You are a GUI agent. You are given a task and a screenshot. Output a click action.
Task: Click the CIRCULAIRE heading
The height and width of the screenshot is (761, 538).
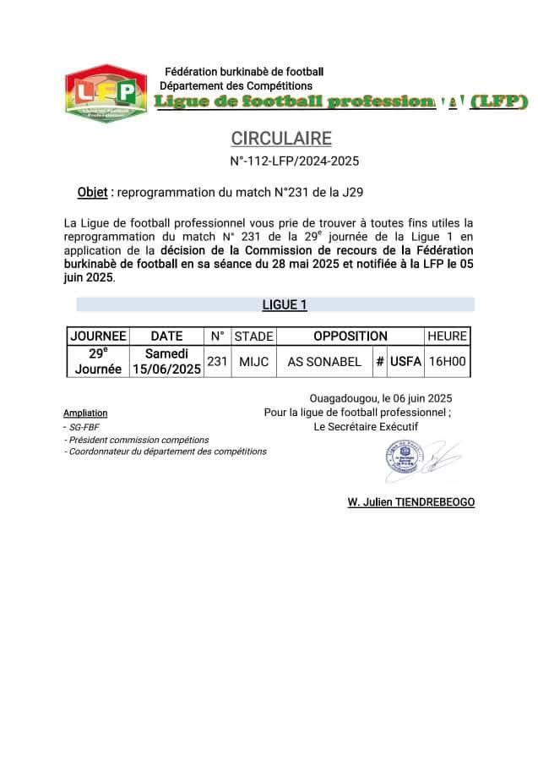coord(281,139)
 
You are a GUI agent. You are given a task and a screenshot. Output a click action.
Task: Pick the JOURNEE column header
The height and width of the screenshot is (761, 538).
coord(98,336)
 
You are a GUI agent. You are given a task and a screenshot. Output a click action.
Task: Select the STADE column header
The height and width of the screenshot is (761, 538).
coord(253,336)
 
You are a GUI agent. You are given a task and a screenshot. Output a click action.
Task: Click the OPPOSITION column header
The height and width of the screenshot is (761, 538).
coord(350,336)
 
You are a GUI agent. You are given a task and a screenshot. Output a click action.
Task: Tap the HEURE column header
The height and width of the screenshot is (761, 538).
coord(447,336)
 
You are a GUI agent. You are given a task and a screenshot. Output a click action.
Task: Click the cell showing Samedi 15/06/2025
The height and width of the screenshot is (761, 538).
coord(166,361)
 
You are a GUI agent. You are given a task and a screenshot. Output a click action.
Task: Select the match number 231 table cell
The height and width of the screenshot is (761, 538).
coord(217,361)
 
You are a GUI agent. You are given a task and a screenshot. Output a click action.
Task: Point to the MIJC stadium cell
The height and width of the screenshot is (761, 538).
coord(253,361)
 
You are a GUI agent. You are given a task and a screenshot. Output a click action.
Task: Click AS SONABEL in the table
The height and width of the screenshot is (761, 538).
coord(324,361)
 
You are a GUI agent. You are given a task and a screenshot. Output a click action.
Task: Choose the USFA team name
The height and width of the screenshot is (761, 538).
coord(405,361)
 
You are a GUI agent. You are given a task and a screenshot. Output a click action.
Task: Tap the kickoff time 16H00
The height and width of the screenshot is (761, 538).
coord(447,361)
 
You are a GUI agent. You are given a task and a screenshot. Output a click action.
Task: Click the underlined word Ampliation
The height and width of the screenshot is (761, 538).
coord(85,413)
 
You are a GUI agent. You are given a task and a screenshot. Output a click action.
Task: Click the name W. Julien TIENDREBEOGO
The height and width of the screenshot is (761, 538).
coord(410,502)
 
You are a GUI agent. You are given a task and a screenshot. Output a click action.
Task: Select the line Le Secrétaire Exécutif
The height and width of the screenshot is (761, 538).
coord(365,427)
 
